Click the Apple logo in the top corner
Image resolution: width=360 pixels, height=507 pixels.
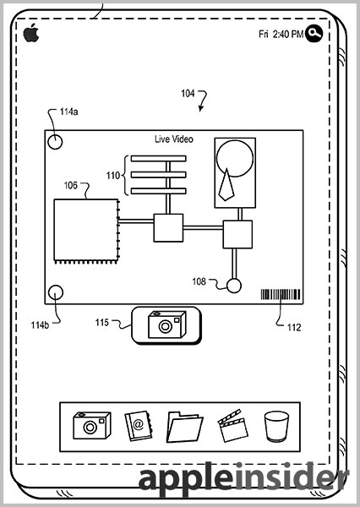coord(31,33)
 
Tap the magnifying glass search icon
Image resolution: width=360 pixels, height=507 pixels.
coord(314,33)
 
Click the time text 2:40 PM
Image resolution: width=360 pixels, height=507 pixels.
coord(288,34)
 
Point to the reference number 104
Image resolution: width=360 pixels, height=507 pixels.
coord(188,94)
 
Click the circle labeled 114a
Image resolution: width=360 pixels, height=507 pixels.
coord(55,142)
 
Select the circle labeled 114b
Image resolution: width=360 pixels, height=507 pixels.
coord(56,292)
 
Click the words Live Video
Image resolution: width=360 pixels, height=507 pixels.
coord(174,139)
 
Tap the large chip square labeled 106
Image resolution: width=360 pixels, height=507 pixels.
coord(85,230)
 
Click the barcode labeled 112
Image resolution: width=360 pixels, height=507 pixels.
coord(281,294)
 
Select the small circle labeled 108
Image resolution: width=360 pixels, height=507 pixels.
coord(233,286)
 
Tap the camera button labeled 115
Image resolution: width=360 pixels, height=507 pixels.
coord(166,325)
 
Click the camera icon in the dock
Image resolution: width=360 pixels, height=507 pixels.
coord(92,425)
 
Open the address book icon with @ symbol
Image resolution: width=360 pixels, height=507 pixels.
coord(138,426)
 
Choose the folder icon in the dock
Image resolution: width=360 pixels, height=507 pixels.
coord(184,427)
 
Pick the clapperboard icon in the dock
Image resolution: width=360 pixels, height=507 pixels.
coord(232,426)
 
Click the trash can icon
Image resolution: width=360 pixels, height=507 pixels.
coord(276,426)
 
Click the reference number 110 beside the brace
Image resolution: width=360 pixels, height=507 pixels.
coord(113,176)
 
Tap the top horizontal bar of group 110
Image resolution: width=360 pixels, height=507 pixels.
coord(159,159)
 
